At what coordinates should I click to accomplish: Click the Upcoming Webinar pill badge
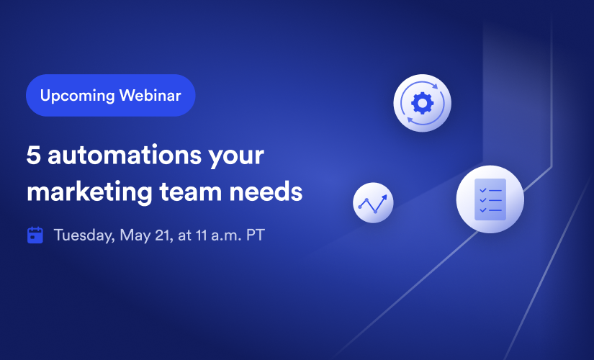pos(111,95)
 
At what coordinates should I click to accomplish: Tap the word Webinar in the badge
pos(150,95)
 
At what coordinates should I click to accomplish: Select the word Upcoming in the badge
pos(77,96)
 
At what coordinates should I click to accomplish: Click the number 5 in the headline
pos(33,156)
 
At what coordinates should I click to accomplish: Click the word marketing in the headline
pos(89,192)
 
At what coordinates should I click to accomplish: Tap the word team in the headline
pos(191,192)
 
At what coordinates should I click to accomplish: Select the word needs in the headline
pos(266,192)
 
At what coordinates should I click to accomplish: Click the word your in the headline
pos(236,157)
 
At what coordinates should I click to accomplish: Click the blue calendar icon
pos(35,235)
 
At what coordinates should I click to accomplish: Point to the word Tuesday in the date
pos(84,235)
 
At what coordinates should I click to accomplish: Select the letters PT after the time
pos(256,235)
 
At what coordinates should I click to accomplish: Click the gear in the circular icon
pos(423,103)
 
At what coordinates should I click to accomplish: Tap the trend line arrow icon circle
pos(373,203)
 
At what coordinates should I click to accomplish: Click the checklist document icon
pos(490,199)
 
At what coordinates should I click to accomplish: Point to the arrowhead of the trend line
pos(384,197)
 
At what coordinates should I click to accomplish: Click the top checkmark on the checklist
pos(483,190)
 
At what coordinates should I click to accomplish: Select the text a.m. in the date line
pos(226,235)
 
